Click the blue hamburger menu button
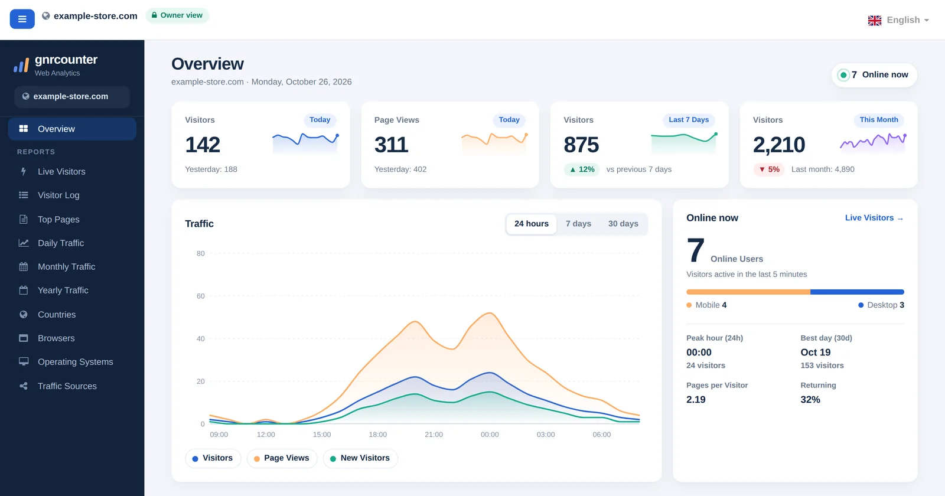click(22, 19)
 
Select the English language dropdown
click(898, 20)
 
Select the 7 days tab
click(578, 224)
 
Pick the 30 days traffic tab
click(623, 224)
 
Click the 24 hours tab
click(531, 224)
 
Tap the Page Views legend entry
click(282, 458)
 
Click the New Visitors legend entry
click(360, 458)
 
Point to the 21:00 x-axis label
click(434, 435)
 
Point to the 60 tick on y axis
click(200, 296)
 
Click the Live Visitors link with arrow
click(874, 218)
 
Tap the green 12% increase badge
click(582, 169)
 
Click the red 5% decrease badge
click(769, 169)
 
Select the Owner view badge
click(177, 15)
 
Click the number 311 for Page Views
click(391, 145)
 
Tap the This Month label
click(879, 120)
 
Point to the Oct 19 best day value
click(816, 352)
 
